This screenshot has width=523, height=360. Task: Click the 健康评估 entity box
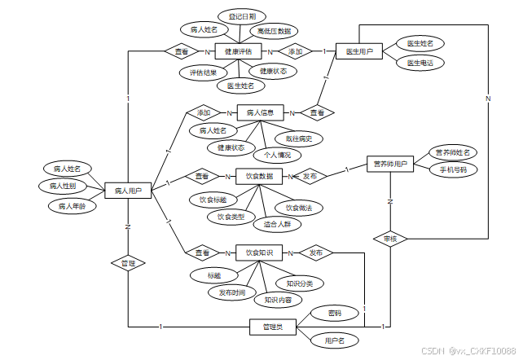click(240, 51)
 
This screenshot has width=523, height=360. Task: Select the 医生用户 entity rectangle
click(359, 51)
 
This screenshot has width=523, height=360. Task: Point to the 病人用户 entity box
click(129, 191)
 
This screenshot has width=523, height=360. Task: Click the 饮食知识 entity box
click(259, 253)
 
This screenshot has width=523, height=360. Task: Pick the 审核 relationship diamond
click(389, 239)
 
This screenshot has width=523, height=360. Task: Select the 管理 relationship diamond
click(128, 263)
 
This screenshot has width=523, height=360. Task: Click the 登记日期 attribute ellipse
click(242, 16)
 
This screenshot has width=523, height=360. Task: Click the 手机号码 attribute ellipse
click(453, 170)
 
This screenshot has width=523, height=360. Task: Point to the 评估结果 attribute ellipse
click(202, 72)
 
